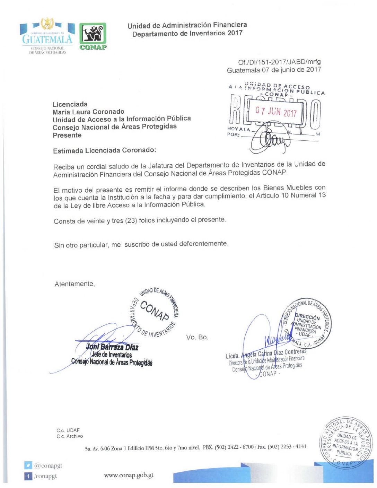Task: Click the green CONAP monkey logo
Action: [x=93, y=37]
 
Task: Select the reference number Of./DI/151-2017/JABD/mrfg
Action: [x=279, y=62]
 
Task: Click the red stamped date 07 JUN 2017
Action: [x=276, y=112]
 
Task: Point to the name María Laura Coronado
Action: [x=88, y=112]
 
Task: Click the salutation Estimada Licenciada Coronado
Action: [x=104, y=150]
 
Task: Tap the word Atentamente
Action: [x=74, y=284]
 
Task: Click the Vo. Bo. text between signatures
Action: [x=197, y=337]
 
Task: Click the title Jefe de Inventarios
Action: [x=112, y=355]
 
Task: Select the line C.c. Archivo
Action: [x=70, y=436]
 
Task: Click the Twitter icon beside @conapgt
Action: [x=28, y=465]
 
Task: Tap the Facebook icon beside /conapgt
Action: [x=28, y=476]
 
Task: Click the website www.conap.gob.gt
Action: [x=129, y=475]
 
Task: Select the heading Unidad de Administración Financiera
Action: [x=187, y=25]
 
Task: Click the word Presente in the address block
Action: [x=67, y=136]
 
